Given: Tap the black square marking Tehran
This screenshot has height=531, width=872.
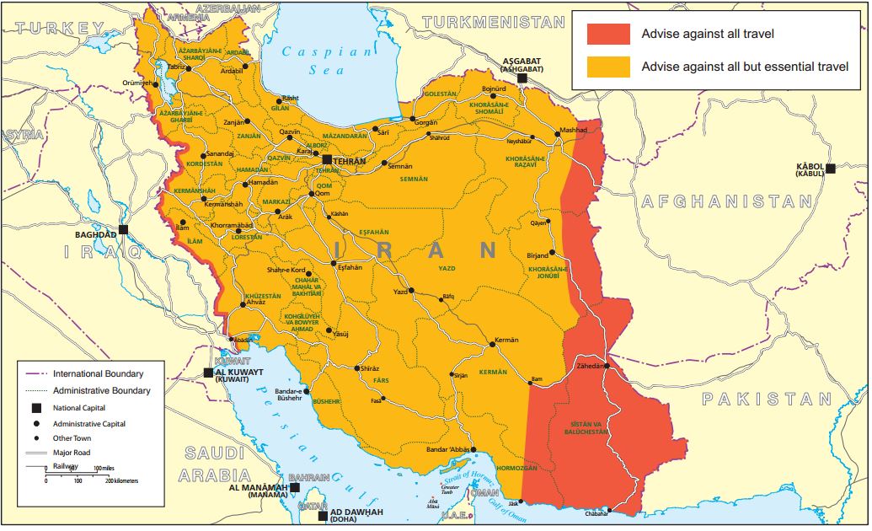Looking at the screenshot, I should point(327,159).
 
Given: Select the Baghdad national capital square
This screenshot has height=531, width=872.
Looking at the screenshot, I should point(123,229).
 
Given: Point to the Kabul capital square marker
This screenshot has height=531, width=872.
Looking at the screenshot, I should point(830,169).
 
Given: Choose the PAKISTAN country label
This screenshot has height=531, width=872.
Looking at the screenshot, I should point(767,400).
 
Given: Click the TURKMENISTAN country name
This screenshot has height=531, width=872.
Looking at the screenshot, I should point(493,22).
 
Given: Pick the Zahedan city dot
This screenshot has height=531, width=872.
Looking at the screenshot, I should point(607,366).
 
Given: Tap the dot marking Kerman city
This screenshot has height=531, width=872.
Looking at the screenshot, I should point(492,344).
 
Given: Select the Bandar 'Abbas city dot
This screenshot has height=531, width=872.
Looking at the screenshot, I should point(473,450).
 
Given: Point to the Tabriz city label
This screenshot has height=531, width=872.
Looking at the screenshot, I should point(176,66).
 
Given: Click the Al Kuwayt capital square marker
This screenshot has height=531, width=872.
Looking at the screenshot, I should point(209,372).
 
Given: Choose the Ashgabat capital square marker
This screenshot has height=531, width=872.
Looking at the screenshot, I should point(522,78).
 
